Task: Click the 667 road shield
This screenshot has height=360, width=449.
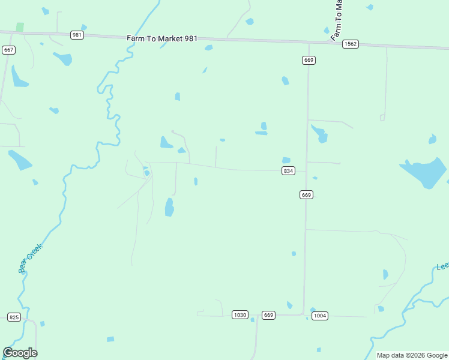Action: tap(8, 50)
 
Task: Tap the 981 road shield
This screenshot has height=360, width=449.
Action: tap(77, 35)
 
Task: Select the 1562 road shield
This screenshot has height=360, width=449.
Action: tap(351, 44)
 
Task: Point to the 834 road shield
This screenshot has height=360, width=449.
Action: tap(288, 171)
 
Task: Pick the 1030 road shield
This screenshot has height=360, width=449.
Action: tap(240, 314)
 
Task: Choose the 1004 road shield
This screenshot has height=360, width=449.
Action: tap(320, 316)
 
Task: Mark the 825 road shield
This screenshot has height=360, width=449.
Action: tap(14, 317)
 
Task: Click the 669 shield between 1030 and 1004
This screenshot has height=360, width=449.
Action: tap(268, 315)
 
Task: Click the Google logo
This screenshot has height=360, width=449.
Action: tap(20, 353)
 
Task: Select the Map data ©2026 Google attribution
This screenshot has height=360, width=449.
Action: tap(412, 355)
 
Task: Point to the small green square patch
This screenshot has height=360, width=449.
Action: tap(20, 27)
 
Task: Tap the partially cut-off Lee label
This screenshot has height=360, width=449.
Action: tap(442, 266)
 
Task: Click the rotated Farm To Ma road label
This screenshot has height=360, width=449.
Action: tap(337, 20)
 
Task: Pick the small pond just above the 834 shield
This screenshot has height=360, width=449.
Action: tap(286, 160)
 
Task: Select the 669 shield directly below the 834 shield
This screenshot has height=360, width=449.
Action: tap(306, 194)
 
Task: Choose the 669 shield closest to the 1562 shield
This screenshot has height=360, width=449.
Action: tap(309, 60)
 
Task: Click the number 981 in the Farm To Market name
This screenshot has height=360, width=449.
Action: tap(190, 39)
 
